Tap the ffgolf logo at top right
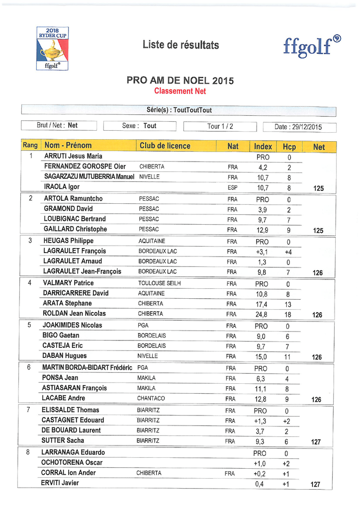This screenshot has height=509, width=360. pos(312,46)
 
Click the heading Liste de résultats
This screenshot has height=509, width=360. pos(180,45)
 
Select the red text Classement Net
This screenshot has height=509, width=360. pos(180,91)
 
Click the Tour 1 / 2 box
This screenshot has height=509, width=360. pos(220,126)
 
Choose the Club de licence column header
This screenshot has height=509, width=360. pos(165,146)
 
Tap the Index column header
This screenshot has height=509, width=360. pos(263,147)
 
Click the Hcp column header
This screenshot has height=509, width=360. pos(289,147)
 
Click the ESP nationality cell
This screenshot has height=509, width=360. pos(232,187)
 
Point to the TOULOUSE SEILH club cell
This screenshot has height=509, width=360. pos(159,283)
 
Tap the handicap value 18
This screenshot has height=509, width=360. pos(288,314)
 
